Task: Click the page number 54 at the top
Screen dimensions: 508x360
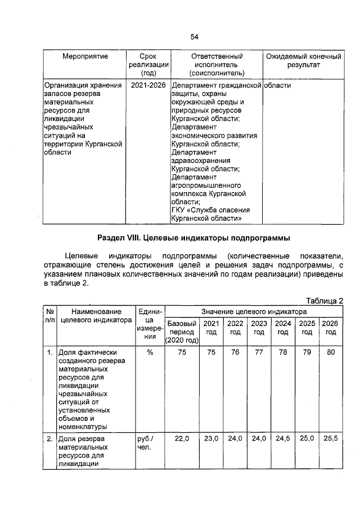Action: pyautogui.click(x=194, y=37)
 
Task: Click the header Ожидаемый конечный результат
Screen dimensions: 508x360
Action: pyautogui.click(x=303, y=61)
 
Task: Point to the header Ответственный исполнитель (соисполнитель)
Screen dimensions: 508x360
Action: pyautogui.click(x=217, y=65)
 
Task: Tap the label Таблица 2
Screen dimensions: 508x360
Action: pyautogui.click(x=324, y=301)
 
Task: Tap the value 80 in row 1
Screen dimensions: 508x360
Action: pyautogui.click(x=330, y=353)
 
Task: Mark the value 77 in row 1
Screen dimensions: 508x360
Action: pyautogui.click(x=259, y=353)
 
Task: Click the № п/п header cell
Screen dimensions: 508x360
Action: pyautogui.click(x=50, y=315)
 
